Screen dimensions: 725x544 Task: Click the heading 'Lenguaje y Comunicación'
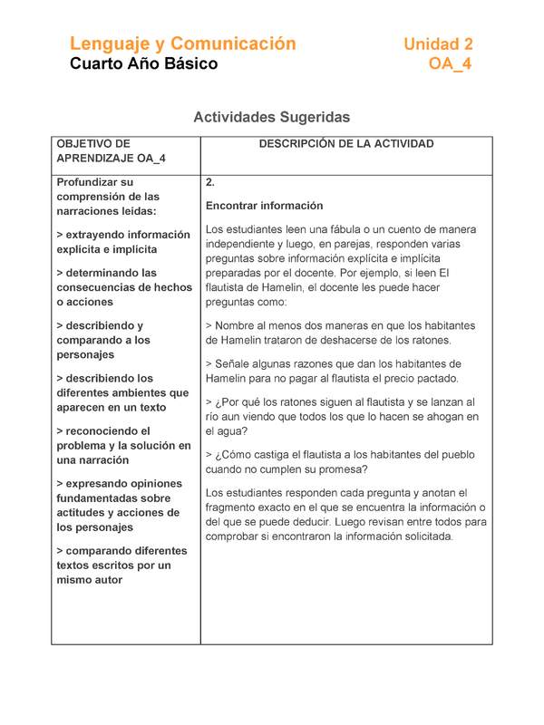(183, 43)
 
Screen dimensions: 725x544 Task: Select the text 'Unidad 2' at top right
(438, 43)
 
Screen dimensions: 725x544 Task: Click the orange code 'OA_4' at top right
(450, 64)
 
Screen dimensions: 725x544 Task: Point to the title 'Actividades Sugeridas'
(272, 117)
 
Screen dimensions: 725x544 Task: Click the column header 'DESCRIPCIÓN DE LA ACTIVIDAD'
(346, 144)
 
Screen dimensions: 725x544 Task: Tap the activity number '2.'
(210, 182)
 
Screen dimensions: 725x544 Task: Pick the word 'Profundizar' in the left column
(88, 182)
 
